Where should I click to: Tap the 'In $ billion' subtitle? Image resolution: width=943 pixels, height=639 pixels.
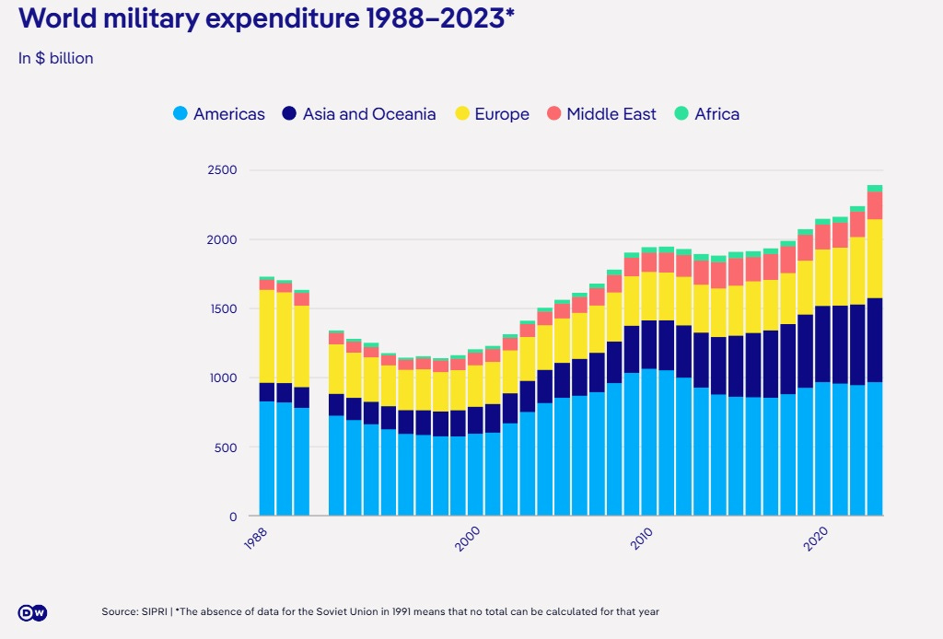(55, 58)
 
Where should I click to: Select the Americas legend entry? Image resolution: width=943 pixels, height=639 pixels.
(218, 114)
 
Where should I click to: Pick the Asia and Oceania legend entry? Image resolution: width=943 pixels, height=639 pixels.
(358, 114)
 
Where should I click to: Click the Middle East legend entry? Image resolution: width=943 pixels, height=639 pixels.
(601, 114)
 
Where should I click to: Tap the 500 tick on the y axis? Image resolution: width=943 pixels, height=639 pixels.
(227, 447)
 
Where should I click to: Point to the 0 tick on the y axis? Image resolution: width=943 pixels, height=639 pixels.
(233, 517)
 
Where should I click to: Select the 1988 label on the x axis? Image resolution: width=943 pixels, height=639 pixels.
(257, 540)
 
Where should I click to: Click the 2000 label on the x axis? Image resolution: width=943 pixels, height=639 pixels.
(467, 540)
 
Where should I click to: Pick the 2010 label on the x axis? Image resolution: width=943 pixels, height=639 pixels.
(642, 540)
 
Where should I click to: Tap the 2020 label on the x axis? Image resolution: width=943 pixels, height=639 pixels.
(817, 540)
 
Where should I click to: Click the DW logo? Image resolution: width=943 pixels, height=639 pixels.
(32, 613)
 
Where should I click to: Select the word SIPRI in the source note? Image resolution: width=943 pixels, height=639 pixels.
(154, 612)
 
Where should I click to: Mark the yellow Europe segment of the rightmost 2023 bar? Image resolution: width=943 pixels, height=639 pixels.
(875, 259)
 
